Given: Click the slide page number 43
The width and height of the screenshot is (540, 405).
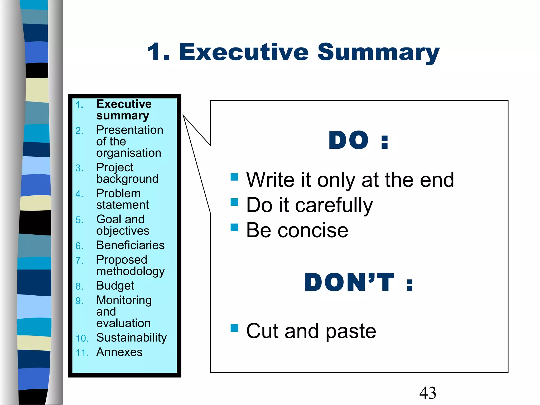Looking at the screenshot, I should (427, 393).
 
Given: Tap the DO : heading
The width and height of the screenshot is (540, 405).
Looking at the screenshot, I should (358, 140).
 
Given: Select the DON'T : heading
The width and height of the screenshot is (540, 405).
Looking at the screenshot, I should (358, 282).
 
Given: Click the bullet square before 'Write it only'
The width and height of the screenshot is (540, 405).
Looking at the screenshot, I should (234, 177).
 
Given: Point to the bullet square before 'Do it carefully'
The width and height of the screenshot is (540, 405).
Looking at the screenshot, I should (234, 202).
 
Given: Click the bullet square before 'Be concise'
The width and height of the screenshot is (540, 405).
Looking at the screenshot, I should (234, 227).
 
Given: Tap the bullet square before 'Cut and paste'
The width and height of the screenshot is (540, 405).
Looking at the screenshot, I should (234, 328).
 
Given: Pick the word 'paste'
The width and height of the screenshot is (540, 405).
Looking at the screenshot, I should (351, 331).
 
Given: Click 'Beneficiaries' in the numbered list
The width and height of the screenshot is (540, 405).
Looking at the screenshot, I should (130, 245).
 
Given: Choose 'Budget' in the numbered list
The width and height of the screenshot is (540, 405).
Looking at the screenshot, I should (115, 286).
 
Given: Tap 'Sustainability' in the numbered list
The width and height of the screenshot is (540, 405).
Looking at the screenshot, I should (131, 338).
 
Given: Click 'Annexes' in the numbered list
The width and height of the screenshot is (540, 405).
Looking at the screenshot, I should (119, 352).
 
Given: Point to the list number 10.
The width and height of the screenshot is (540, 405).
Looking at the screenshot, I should (82, 339).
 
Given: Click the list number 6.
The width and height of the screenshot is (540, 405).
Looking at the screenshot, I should (79, 246).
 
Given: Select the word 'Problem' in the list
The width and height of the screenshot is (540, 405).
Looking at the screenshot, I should (118, 193).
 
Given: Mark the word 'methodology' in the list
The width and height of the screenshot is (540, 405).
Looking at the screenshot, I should (131, 272).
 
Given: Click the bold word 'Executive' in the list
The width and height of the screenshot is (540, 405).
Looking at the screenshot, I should (124, 104).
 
